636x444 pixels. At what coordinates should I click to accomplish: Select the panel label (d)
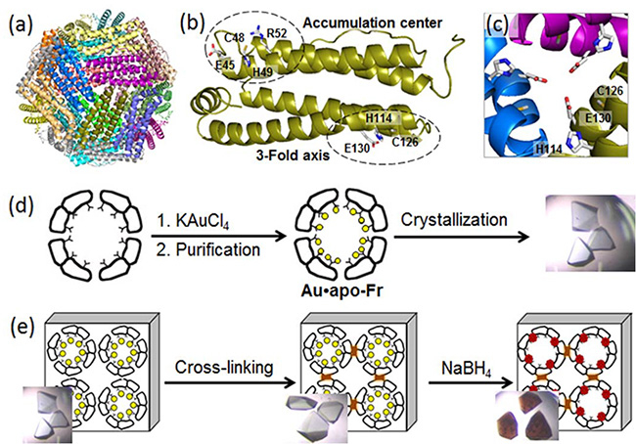click(20, 208)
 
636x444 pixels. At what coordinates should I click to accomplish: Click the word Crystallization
click(448, 224)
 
